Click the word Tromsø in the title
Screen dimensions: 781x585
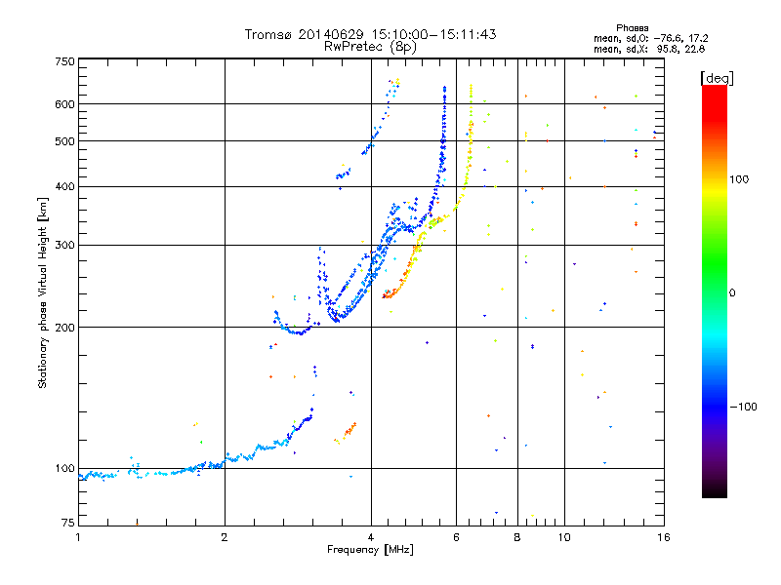[x=268, y=34]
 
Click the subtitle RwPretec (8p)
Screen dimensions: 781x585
[x=370, y=47]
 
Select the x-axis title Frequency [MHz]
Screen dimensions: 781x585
[x=370, y=550]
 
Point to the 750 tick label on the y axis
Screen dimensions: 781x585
[x=64, y=61]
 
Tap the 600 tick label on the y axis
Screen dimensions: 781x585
[x=64, y=104]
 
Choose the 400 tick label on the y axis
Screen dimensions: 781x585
[x=64, y=186]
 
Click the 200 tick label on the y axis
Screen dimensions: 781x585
[x=64, y=328]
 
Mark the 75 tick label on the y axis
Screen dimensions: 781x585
[x=68, y=523]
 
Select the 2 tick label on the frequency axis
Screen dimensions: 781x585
[x=225, y=537]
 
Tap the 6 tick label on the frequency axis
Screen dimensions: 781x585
[x=456, y=537]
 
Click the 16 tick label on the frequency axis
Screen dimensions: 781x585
[x=664, y=537]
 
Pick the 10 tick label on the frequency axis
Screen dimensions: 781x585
[x=564, y=537]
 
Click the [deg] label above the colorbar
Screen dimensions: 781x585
[x=717, y=79]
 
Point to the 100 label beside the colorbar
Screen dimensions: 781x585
[x=739, y=179]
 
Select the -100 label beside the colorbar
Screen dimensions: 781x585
[x=744, y=407]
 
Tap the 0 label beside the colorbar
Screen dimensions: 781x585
[x=732, y=293]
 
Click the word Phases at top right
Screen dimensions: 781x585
[x=632, y=28]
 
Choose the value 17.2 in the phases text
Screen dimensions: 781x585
[x=698, y=38]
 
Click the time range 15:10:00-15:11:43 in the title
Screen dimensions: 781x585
[x=433, y=34]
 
